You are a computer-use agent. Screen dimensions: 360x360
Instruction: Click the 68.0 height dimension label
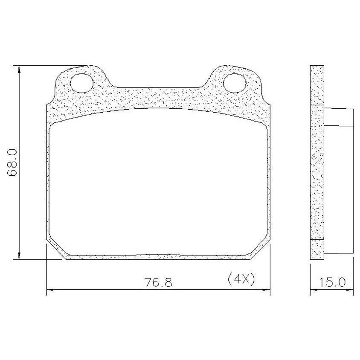[12, 163]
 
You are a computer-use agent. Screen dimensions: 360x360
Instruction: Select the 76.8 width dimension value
[158, 282]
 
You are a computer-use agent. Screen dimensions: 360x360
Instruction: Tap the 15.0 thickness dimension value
[332, 282]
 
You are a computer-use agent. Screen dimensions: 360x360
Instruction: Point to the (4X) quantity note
[241, 279]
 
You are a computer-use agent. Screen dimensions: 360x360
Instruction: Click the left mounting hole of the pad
[82, 83]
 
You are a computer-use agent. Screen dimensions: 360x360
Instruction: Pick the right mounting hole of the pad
[235, 83]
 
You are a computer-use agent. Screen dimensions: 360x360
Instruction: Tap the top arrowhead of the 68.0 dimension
[19, 70]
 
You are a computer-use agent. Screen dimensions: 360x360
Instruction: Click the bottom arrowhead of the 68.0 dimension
[19, 255]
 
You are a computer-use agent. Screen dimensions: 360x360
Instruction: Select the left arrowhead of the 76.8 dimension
[50, 290]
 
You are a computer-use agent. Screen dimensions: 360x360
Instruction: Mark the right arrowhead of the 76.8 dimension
[266, 290]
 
